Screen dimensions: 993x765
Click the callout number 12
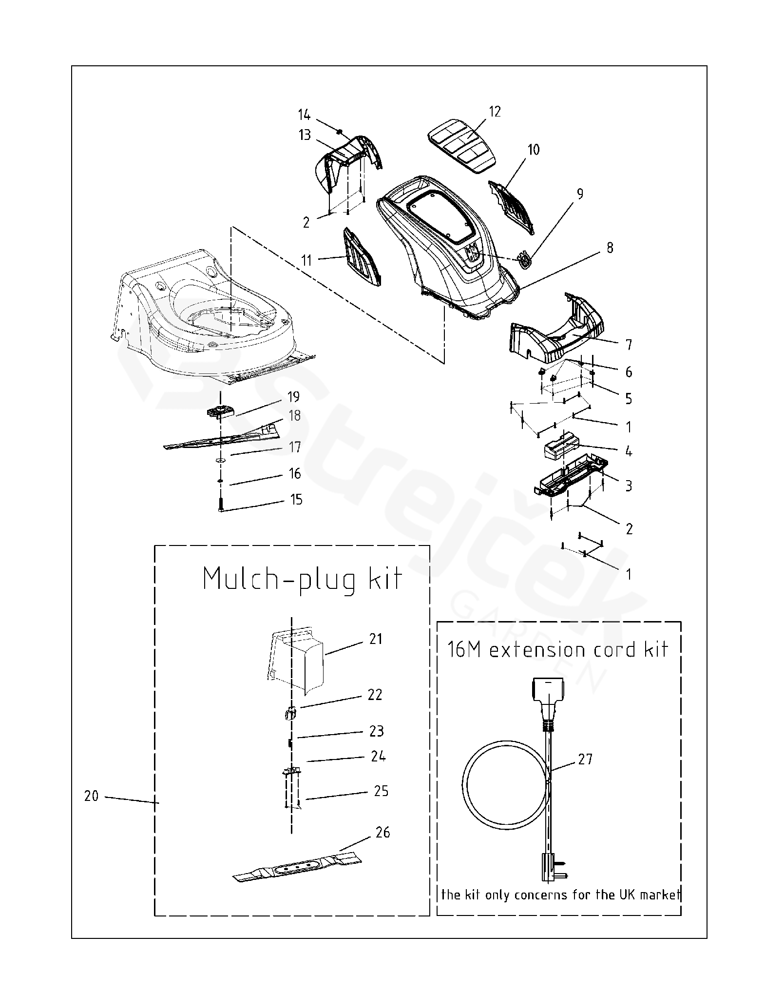point(495,112)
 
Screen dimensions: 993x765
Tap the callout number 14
point(304,115)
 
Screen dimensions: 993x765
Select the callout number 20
point(91,796)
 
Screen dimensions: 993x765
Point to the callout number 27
point(585,759)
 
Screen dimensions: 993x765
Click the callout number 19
point(293,396)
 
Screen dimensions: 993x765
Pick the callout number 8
point(610,248)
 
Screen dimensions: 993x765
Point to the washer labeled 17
point(221,460)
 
